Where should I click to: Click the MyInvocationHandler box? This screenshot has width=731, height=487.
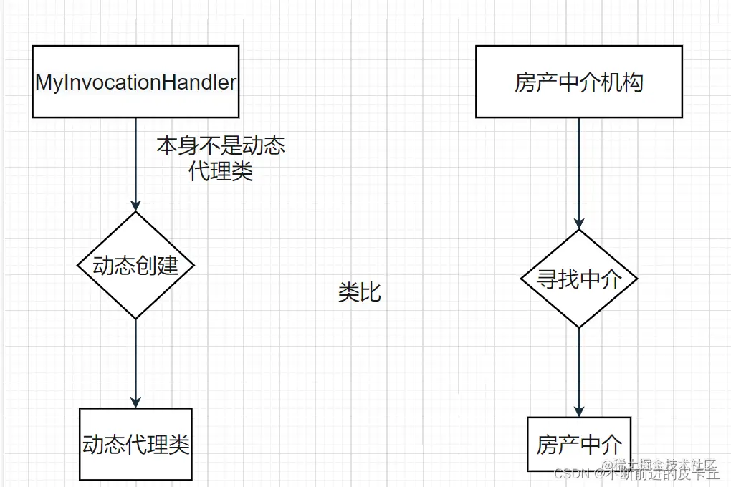135,82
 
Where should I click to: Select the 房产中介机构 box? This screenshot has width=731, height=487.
579,82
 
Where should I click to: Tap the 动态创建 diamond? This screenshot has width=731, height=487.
135,265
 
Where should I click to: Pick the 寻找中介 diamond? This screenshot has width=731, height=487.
579,279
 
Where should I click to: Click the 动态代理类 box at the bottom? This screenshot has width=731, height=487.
135,444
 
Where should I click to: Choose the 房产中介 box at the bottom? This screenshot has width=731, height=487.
579,444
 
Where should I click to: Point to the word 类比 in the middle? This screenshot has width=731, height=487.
359,292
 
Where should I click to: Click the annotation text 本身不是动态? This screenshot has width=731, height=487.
221,146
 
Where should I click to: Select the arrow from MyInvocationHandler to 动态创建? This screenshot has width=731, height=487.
135,161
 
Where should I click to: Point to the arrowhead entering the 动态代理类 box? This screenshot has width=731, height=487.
135,402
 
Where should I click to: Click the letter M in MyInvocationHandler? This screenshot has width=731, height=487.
44,82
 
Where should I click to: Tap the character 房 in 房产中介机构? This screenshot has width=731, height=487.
525,82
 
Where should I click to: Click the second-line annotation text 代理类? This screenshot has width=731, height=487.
221,172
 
